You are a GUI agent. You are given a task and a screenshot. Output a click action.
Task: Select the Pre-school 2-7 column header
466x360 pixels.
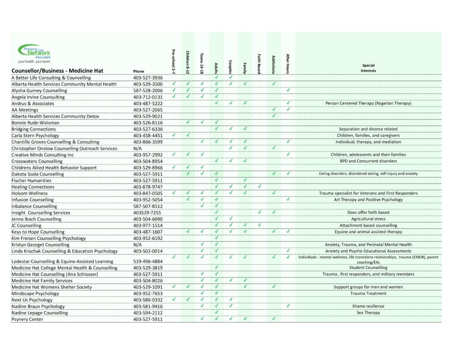pyautogui.click(x=173, y=61)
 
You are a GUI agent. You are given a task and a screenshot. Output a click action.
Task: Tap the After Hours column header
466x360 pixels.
pyautogui.click(x=288, y=63)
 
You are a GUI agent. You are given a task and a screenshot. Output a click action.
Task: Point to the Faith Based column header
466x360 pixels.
pyautogui.click(x=259, y=63)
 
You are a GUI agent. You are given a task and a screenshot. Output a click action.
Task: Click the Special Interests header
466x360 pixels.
pyautogui.click(x=368, y=68)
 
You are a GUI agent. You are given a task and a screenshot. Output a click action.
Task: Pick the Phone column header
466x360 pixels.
pyautogui.click(x=139, y=71)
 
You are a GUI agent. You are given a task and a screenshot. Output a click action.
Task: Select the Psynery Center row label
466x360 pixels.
pyautogui.click(x=27, y=319)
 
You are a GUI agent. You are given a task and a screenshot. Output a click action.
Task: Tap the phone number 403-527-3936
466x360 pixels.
pyautogui.click(x=148, y=78)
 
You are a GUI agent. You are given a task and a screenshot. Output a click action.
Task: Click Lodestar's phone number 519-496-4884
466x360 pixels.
pyautogui.click(x=148, y=262)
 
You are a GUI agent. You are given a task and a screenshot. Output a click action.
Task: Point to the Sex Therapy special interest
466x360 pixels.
pyautogui.click(x=368, y=313)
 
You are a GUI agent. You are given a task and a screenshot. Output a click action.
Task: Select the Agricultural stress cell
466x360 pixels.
pyautogui.click(x=368, y=219)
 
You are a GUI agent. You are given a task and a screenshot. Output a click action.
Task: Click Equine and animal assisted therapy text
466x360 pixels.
pyautogui.click(x=368, y=232)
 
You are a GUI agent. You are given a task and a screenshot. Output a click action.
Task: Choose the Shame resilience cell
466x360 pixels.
pyautogui.click(x=368, y=306)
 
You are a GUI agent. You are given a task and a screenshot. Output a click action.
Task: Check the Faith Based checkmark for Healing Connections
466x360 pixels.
pyautogui.click(x=259, y=187)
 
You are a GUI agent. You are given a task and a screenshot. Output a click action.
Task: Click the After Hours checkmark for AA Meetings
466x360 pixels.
pyautogui.click(x=288, y=110)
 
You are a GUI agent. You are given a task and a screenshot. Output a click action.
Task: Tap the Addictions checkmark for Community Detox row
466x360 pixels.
pyautogui.click(x=274, y=116)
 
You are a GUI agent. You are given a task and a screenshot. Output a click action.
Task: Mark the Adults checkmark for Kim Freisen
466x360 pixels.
pyautogui.click(x=217, y=238)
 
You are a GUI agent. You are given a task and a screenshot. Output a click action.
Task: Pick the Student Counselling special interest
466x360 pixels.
pyautogui.click(x=368, y=268)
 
